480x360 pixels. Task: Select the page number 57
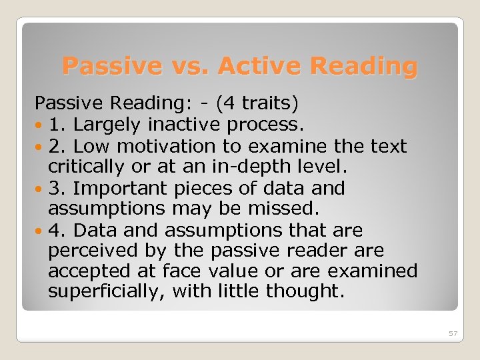tap(453, 333)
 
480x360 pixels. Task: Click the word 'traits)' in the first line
tap(269, 103)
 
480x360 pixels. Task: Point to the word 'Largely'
tap(107, 125)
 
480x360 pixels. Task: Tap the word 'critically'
tap(83, 167)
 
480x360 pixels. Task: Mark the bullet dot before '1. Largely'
tap(41, 125)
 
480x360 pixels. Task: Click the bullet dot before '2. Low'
tap(41, 147)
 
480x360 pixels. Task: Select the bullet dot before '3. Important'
tap(41, 189)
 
